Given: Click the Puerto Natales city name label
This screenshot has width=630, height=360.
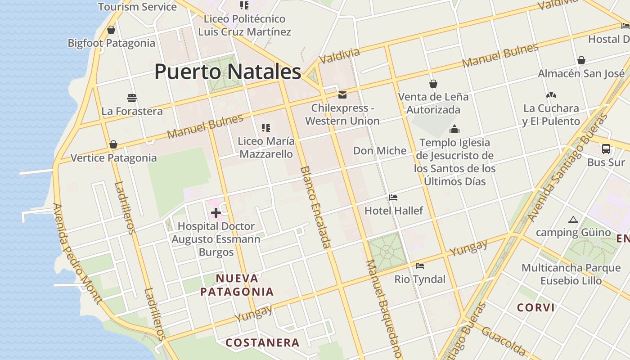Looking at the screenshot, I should (x=228, y=72).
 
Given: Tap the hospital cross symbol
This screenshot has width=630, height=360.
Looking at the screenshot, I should (x=216, y=213).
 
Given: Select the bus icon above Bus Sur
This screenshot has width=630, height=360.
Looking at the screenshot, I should (x=606, y=149).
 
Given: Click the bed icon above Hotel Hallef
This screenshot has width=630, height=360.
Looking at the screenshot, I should (x=393, y=198).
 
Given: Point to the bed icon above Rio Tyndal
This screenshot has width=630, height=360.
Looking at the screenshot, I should (x=420, y=266).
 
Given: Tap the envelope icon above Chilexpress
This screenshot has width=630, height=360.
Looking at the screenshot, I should (x=342, y=95).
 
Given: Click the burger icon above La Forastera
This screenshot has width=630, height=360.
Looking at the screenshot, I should (x=132, y=98).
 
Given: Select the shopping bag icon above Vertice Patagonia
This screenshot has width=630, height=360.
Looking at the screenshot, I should (x=113, y=144).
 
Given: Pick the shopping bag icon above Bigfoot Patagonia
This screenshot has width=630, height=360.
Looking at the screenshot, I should (x=111, y=30).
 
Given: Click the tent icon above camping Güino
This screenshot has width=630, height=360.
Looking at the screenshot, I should (x=573, y=220).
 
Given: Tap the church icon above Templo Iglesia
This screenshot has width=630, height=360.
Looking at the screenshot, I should (x=454, y=130).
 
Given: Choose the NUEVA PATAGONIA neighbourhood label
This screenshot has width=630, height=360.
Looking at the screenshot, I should (x=237, y=285).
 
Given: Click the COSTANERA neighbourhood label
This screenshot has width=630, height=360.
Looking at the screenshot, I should (x=262, y=343).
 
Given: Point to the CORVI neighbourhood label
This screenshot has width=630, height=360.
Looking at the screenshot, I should (x=535, y=308).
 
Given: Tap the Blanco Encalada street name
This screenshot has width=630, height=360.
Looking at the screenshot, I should (x=315, y=207).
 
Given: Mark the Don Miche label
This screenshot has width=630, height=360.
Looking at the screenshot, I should (x=380, y=151).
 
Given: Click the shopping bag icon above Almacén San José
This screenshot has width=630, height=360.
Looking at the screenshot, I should (x=581, y=60).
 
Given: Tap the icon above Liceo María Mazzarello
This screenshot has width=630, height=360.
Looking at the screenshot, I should (x=266, y=128).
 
